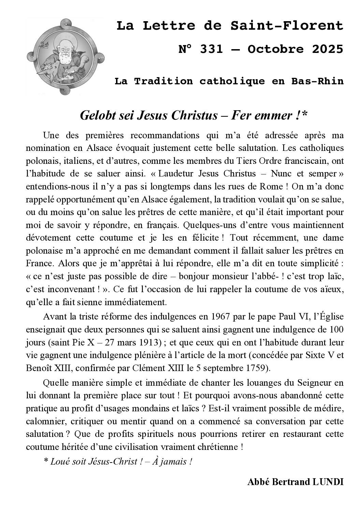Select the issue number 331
[x=211, y=49]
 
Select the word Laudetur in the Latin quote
[x=175, y=174]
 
